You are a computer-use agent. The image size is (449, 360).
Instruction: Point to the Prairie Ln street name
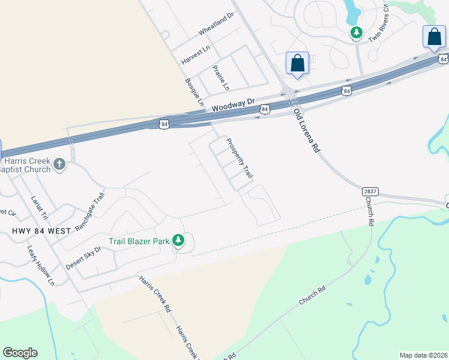pos(221,78)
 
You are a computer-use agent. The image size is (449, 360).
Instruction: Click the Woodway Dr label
pos(234,105)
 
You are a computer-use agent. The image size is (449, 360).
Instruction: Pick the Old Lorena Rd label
pos(306,131)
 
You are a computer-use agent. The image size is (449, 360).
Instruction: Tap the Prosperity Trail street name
pos(239,158)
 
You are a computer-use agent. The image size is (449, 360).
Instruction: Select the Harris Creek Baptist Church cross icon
pos(59,164)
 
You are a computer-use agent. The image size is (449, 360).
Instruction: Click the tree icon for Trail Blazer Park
pos(178,241)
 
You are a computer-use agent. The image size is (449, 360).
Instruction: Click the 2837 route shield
pos(371,191)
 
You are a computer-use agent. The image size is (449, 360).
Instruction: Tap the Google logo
pos(20,352)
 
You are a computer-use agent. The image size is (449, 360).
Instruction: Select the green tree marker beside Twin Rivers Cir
pos(357,32)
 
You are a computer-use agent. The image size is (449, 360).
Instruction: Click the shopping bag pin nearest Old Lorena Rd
pos(297,63)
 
